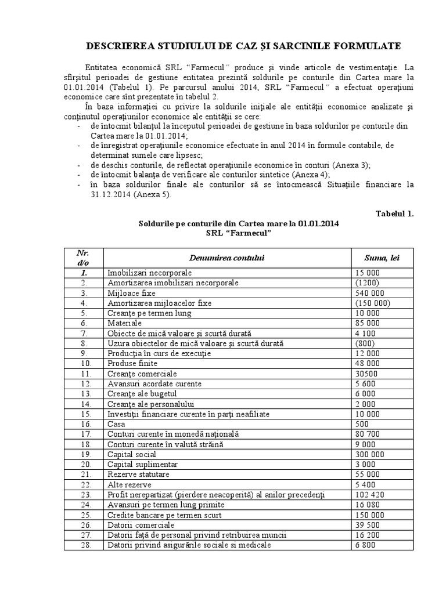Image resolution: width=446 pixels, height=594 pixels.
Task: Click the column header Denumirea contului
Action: (x=226, y=258)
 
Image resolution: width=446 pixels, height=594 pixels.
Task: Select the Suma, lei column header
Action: (x=382, y=258)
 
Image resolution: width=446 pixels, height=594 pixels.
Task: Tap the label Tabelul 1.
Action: (x=394, y=213)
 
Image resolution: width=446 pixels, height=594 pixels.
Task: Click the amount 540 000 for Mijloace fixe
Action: (x=368, y=293)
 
